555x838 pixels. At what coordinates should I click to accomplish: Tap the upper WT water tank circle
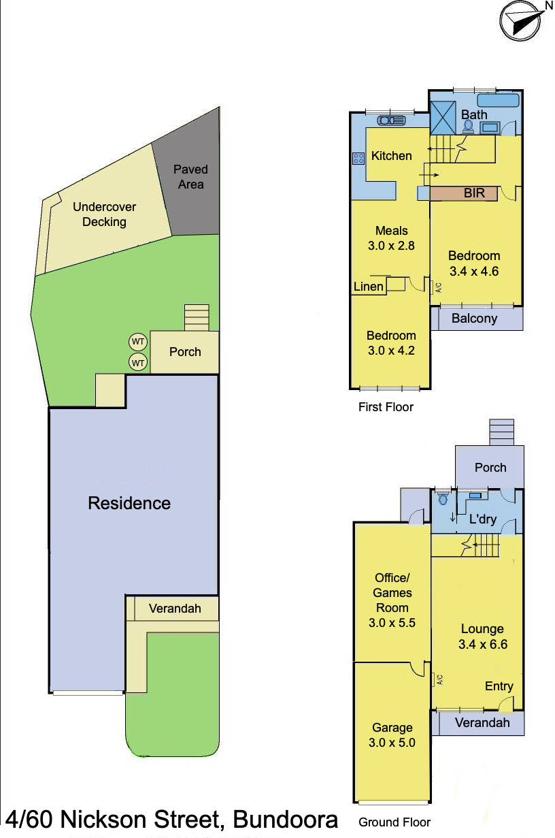click(138, 341)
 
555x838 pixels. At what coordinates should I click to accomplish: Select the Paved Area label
click(190, 177)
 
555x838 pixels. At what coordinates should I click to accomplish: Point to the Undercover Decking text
click(104, 214)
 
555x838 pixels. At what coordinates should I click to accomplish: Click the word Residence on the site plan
click(129, 504)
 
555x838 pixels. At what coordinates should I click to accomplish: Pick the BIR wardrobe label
click(474, 193)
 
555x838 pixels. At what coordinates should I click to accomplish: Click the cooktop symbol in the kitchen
click(358, 158)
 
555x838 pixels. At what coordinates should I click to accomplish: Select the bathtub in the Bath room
click(493, 101)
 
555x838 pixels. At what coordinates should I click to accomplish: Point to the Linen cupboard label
click(368, 287)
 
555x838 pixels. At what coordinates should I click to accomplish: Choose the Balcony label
click(474, 319)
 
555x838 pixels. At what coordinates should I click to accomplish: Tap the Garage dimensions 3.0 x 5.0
click(392, 743)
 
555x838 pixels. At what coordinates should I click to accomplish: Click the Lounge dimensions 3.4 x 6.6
click(482, 644)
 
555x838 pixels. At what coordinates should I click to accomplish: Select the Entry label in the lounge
click(499, 686)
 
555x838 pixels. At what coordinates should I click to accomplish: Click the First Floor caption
click(386, 407)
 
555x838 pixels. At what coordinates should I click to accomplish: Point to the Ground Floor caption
click(394, 822)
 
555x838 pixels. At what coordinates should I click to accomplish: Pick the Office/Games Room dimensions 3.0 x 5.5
click(392, 622)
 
